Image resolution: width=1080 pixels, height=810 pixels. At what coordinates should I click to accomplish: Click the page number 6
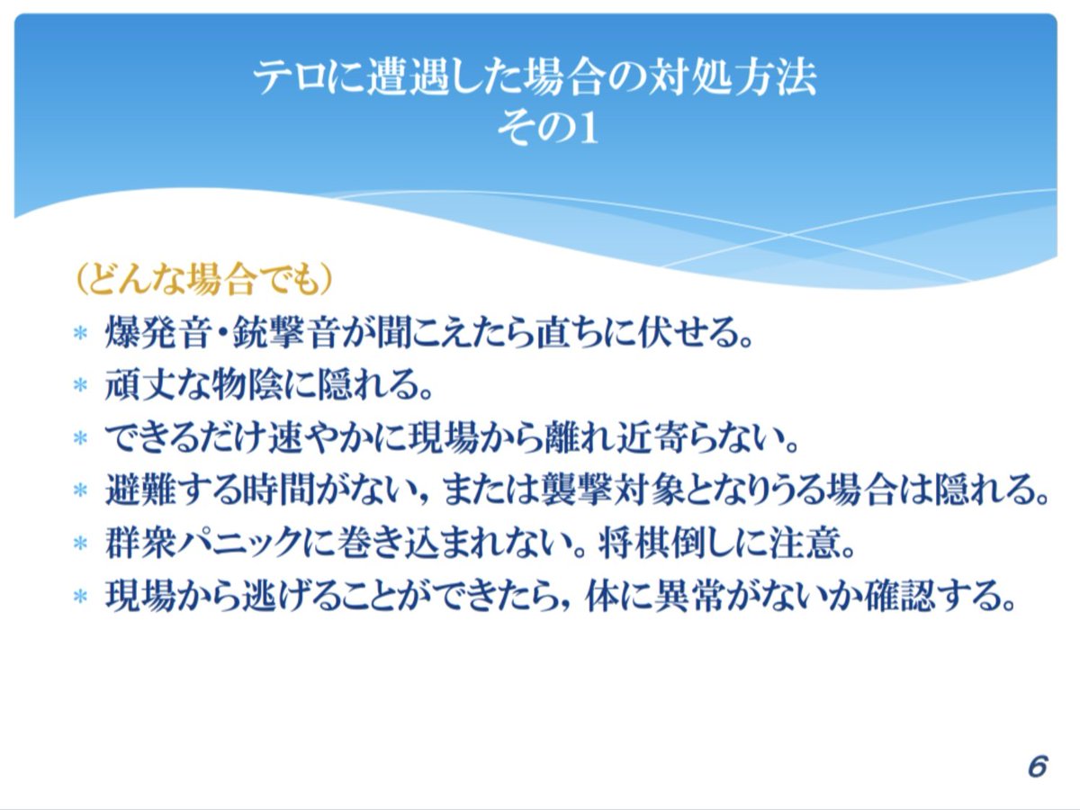point(1037,767)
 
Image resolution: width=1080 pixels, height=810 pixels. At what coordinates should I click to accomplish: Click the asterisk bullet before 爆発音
point(80,334)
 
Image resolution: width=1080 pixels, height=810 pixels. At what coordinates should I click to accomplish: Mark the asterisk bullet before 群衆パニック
point(80,544)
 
